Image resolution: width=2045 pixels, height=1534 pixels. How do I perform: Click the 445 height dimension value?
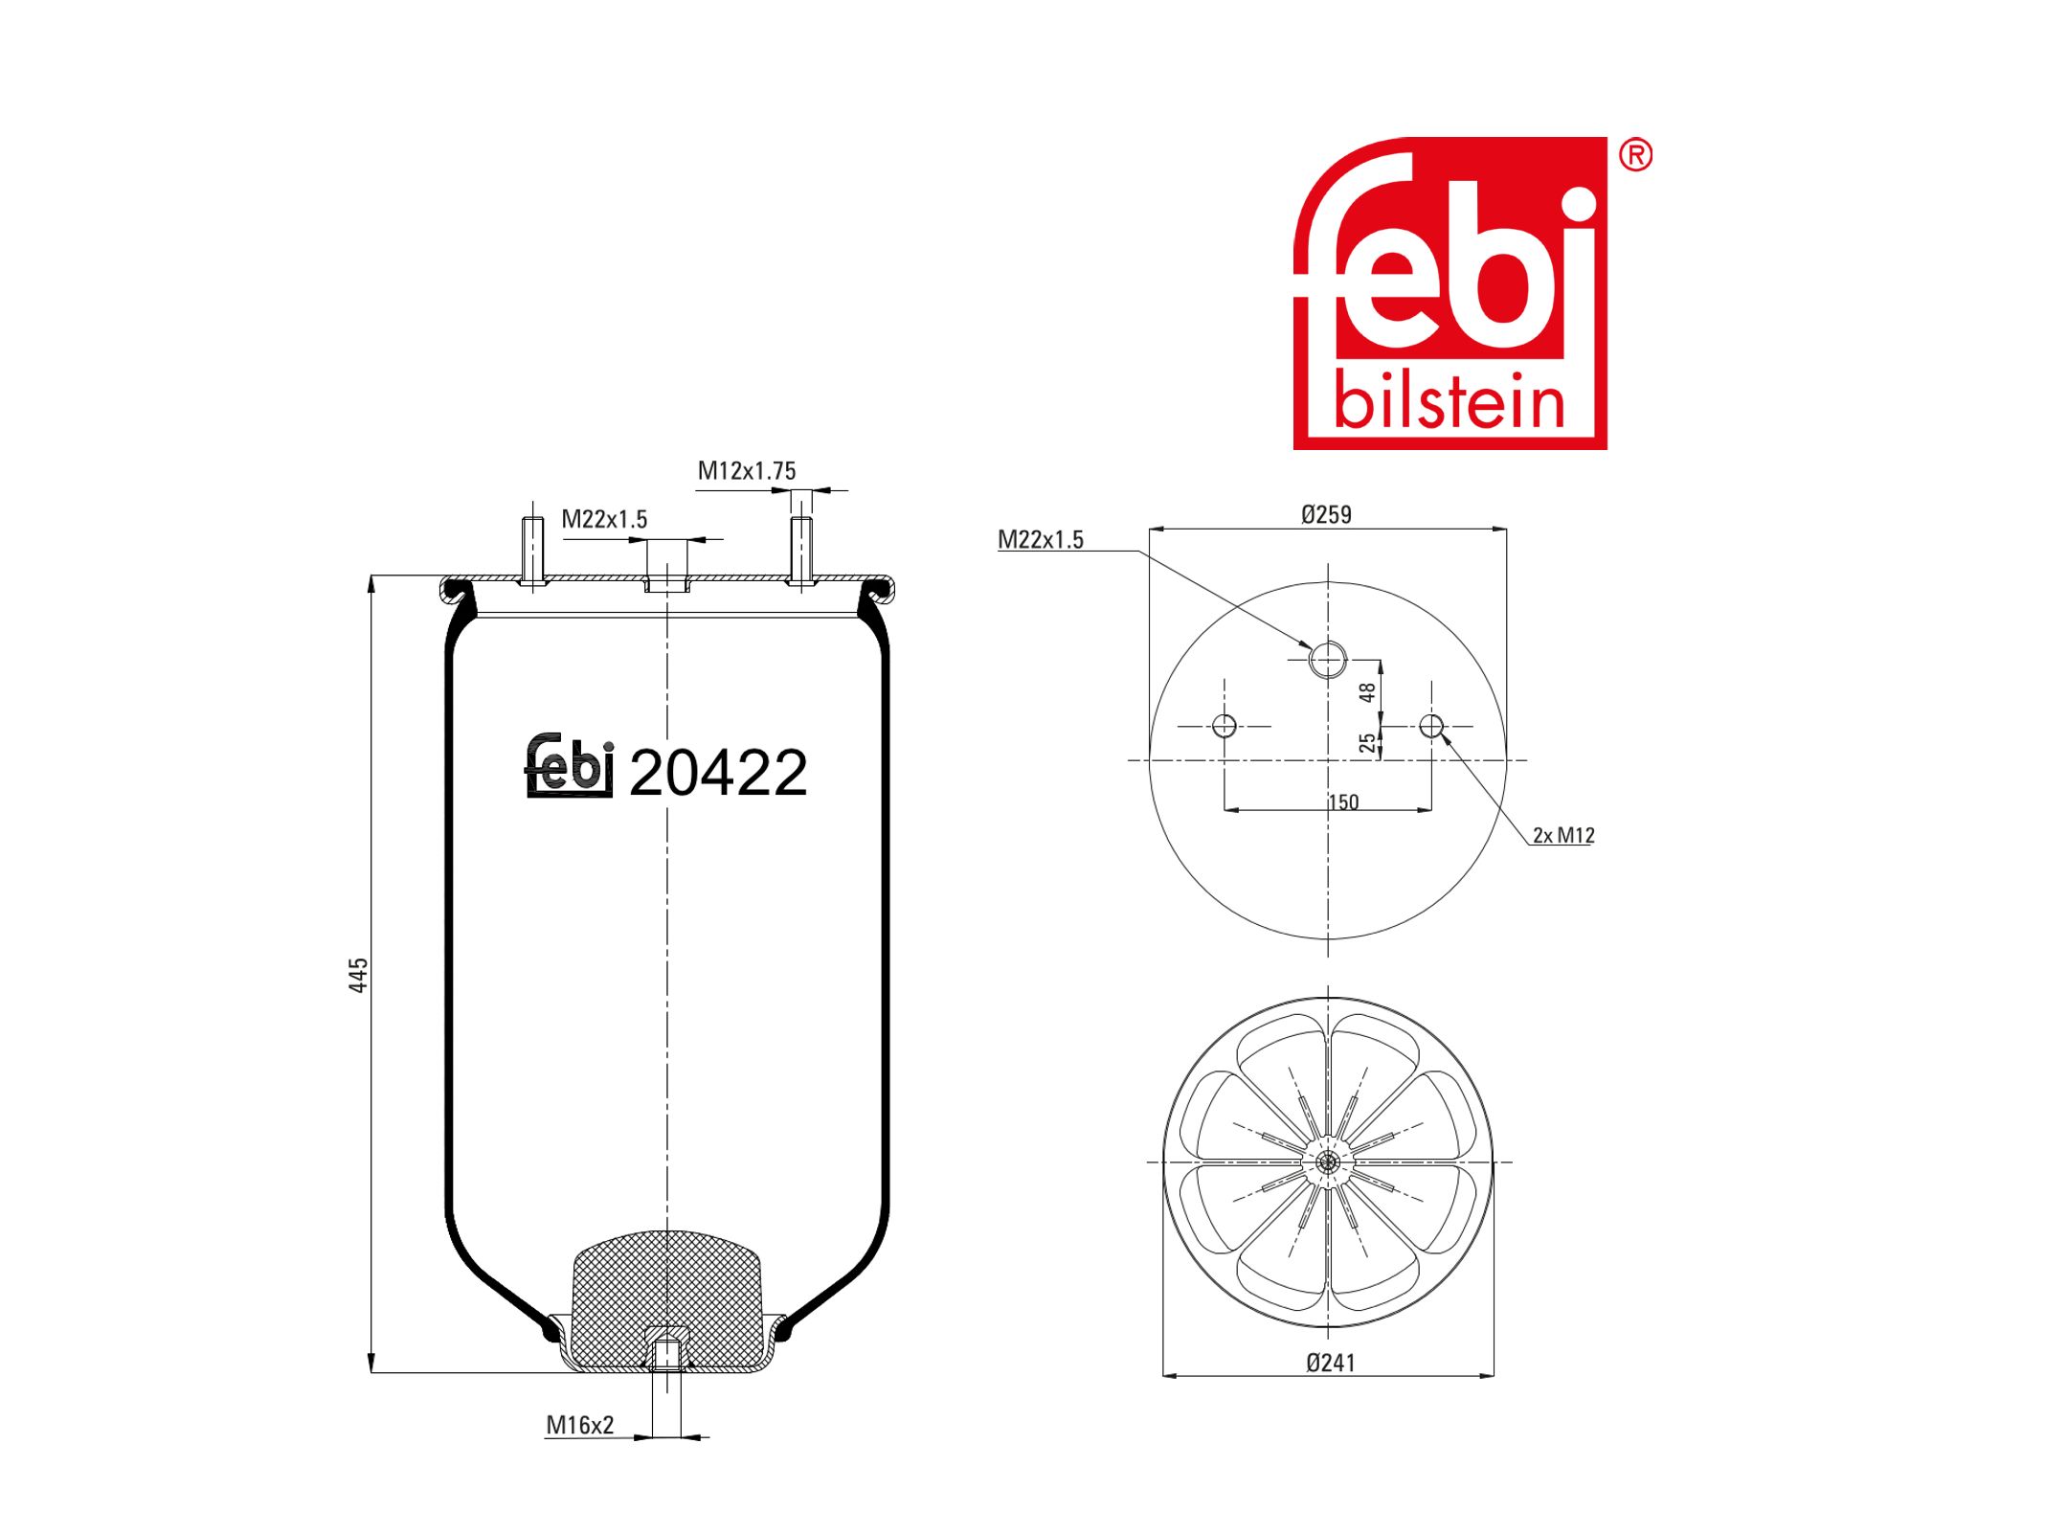click(358, 975)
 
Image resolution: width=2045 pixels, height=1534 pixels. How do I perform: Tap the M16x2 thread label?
click(579, 1425)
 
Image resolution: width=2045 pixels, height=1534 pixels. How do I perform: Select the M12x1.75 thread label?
click(747, 471)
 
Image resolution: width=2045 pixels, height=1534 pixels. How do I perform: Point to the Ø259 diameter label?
click(1326, 515)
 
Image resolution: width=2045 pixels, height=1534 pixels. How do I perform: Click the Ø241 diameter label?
click(1331, 1363)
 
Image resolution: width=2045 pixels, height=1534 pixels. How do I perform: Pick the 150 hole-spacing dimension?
click(1343, 802)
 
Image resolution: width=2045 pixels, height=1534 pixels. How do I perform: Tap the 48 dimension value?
click(1368, 691)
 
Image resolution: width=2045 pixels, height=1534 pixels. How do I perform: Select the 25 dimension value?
click(1368, 742)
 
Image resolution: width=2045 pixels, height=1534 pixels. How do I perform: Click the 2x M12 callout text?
click(1563, 835)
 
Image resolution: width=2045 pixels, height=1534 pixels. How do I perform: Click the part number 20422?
click(718, 773)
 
